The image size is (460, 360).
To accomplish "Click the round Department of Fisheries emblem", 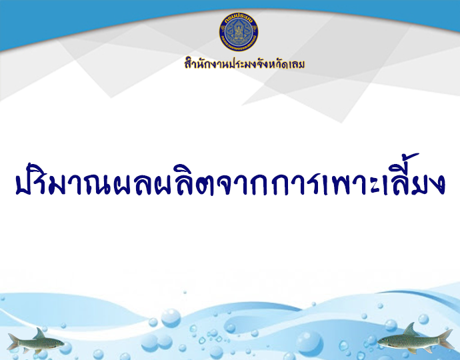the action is click(239, 32).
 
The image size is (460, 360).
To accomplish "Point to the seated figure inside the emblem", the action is click(239, 31).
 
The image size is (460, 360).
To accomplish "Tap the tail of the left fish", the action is click(13, 342).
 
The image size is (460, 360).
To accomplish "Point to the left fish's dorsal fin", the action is click(39, 333).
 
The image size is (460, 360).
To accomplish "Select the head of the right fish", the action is click(384, 341).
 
